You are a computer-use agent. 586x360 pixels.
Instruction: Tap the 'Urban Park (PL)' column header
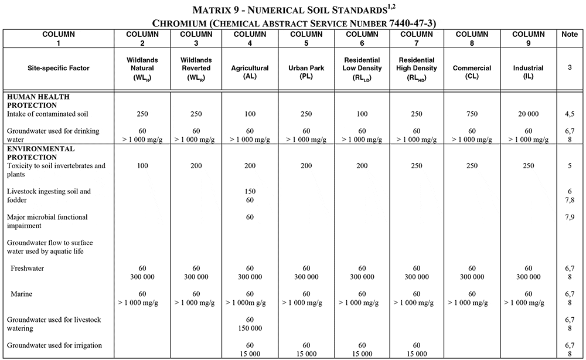tap(306, 68)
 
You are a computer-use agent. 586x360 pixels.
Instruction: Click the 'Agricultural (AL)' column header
tap(250, 68)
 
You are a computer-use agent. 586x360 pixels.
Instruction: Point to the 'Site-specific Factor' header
tap(59, 68)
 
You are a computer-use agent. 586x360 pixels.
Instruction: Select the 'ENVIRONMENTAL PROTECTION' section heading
tap(40, 154)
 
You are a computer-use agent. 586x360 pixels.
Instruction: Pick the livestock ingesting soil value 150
tap(250, 192)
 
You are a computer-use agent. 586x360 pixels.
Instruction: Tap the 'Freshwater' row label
tap(28, 269)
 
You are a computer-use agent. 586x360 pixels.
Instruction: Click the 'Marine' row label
tap(22, 294)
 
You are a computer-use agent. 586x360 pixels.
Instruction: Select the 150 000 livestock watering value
tap(250, 328)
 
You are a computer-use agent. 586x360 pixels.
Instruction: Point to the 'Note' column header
tap(570, 35)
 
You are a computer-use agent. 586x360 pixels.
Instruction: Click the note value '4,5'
tap(570, 113)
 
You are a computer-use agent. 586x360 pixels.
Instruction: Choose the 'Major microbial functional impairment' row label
tap(47, 221)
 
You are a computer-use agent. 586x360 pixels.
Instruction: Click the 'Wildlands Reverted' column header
tap(196, 68)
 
